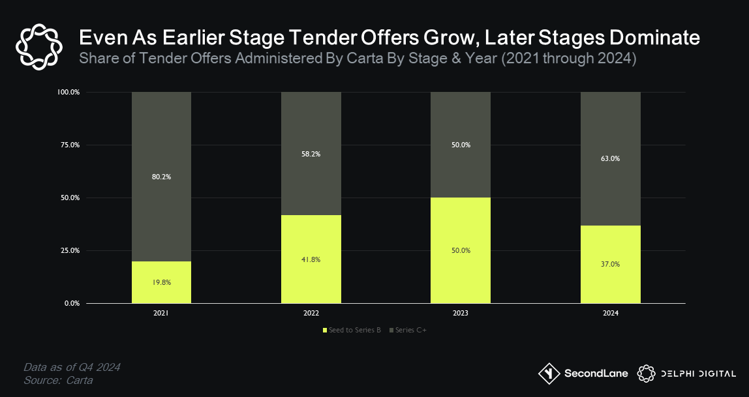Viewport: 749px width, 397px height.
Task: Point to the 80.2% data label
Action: pos(161,176)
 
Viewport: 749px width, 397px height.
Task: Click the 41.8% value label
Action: pos(311,259)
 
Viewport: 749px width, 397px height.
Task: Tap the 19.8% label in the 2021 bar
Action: pos(161,282)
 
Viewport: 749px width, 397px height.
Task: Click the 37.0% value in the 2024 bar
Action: pos(611,264)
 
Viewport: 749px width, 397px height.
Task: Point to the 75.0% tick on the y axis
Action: pos(69,145)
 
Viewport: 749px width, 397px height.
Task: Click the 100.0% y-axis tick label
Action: pos(68,92)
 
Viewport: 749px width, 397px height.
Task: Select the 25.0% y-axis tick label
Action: pos(69,250)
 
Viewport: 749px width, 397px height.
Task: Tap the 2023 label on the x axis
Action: pos(461,314)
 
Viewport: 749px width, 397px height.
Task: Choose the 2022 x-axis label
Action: pos(311,314)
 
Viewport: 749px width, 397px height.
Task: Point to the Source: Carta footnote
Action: pos(58,380)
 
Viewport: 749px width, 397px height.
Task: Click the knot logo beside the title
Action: pos(38,46)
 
